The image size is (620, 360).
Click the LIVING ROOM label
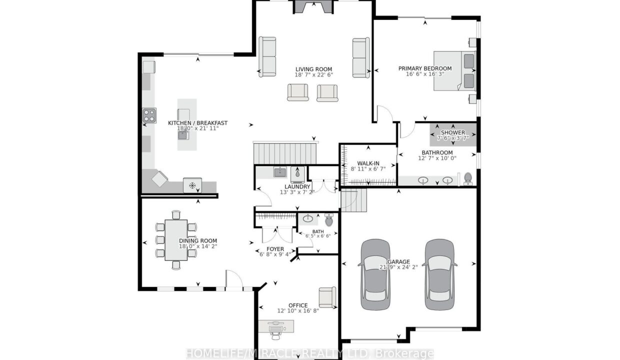[x=313, y=69]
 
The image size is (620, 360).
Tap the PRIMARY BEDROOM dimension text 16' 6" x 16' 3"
[x=425, y=74]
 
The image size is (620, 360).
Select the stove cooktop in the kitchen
[x=149, y=115]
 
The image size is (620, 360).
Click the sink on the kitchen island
[x=183, y=135]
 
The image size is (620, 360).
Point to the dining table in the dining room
[x=176, y=240]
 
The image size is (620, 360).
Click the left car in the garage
[x=375, y=274]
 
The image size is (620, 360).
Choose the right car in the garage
[x=439, y=274]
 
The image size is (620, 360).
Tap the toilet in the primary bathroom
[x=468, y=178]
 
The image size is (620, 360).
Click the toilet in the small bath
[x=329, y=219]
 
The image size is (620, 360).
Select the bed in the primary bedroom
[x=454, y=71]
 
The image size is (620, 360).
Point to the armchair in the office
[x=327, y=297]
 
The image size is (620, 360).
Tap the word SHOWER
[x=453, y=132]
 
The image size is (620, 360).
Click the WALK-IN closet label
[x=368, y=163]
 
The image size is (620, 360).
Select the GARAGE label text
[x=398, y=262]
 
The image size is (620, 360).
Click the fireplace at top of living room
[x=313, y=6]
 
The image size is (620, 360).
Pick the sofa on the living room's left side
[x=267, y=56]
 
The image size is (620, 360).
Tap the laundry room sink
[x=280, y=172]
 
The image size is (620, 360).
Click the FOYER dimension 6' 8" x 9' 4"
[x=275, y=254]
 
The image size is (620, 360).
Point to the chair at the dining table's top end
[x=176, y=214]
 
